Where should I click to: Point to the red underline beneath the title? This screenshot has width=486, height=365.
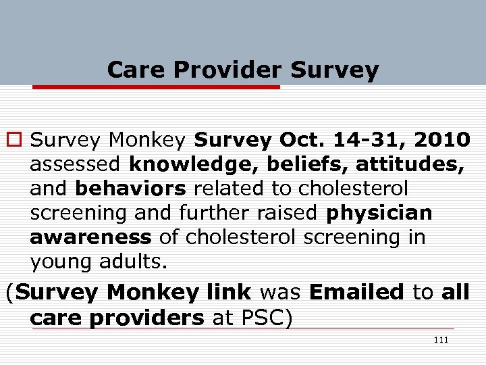point(156,87)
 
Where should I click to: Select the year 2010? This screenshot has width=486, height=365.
point(442,140)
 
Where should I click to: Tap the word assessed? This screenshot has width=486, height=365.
point(76,164)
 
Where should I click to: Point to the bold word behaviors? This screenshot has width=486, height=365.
point(130,189)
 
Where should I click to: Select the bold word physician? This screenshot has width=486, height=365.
point(379,213)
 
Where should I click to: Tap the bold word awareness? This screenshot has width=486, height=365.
point(91,237)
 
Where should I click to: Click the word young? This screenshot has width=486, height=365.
point(59,262)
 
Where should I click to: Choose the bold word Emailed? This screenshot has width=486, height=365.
point(356,293)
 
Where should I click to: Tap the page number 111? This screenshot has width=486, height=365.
point(441,340)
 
